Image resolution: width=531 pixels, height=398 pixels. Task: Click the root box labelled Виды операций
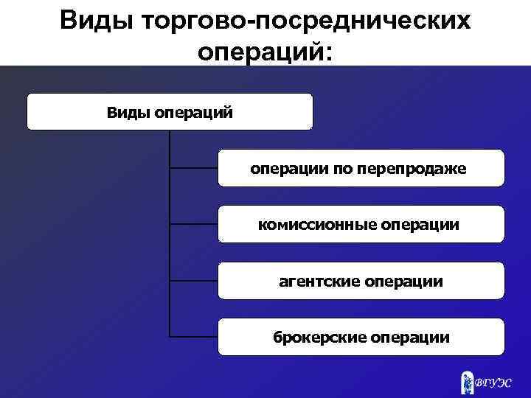tap(170, 112)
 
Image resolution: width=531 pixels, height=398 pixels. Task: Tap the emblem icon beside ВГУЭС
tap(466, 380)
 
